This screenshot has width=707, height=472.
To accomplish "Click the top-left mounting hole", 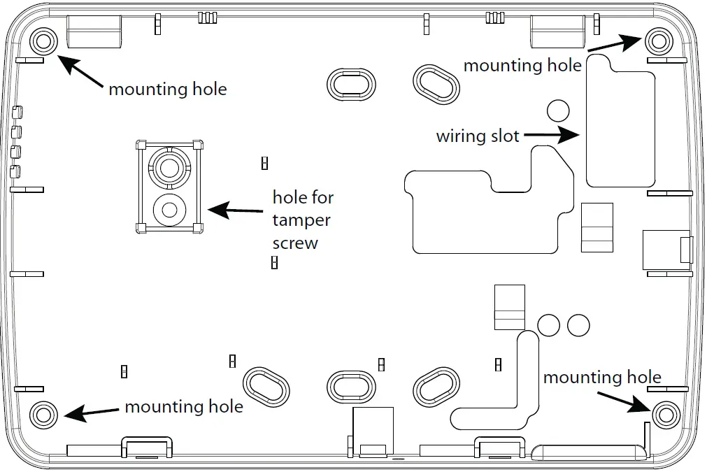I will tap(43, 40).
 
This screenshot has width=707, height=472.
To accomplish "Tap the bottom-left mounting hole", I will tap(43, 413).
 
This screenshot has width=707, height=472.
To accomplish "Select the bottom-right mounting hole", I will tap(665, 415).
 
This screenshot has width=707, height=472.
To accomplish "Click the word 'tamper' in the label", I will tap(301, 220).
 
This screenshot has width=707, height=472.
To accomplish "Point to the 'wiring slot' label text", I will tap(478, 136).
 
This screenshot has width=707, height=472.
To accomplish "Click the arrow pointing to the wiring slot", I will tap(552, 136).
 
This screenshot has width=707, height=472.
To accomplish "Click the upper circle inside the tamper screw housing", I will tap(168, 166).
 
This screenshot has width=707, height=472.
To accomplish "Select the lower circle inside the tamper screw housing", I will tap(168, 209).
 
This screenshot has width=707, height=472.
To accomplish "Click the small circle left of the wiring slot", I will tap(558, 110).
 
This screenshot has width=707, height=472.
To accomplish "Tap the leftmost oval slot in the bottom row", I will tap(266, 385).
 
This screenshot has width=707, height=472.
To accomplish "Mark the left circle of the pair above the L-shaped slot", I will tap(549, 324).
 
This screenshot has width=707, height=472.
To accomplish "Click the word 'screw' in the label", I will tap(295, 243).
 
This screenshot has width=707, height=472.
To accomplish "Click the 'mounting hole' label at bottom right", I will tap(602, 378).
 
